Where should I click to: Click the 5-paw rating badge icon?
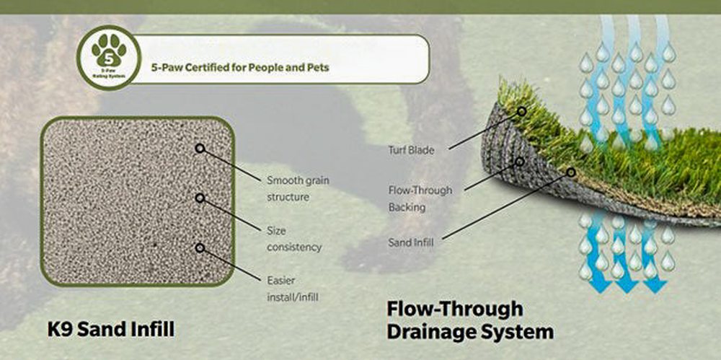[109, 57]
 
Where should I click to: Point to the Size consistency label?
[293, 239]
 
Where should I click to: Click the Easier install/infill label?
[293, 288]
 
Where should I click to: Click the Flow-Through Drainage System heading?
[470, 320]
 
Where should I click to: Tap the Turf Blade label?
[417, 151]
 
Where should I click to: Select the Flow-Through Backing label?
[420, 198]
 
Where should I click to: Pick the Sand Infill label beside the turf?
[410, 242]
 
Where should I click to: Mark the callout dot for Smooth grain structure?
[200, 148]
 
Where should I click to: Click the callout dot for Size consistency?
[200, 197]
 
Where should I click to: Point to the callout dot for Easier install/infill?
[200, 247]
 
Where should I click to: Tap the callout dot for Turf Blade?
[521, 112]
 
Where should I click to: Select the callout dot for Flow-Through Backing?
[518, 161]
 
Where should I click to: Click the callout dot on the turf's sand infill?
[571, 172]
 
